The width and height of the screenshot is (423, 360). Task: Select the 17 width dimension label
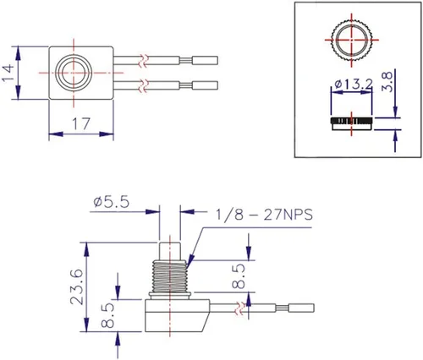tap(81, 123)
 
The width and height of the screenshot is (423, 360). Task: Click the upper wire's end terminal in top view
tap(204, 60)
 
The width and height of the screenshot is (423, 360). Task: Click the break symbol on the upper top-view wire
tap(148, 60)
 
